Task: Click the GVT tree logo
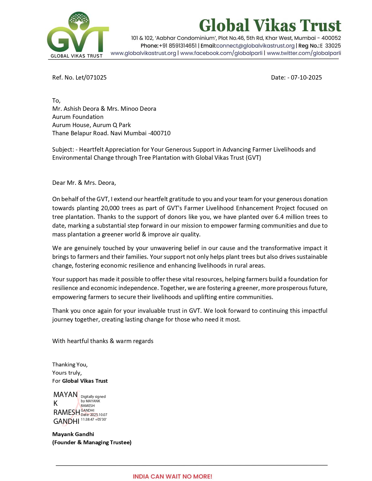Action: point(78,34)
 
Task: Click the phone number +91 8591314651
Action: point(178,46)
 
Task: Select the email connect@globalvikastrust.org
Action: point(255,46)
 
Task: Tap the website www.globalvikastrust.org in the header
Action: point(143,53)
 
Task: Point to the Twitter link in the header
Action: point(304,53)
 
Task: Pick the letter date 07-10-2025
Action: point(306,78)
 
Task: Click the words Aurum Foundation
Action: point(78,117)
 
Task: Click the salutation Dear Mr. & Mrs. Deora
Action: point(84,183)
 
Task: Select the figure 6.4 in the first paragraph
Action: point(279,217)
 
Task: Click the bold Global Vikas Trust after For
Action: point(85,381)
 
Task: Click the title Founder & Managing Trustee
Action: point(92,443)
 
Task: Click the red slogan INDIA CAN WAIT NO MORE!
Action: point(172,476)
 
